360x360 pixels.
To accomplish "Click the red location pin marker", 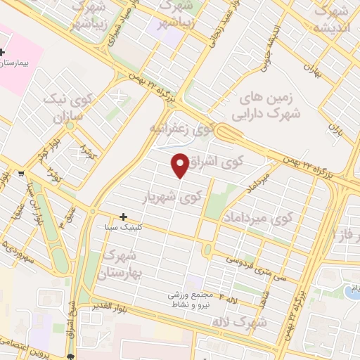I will tap(180, 165).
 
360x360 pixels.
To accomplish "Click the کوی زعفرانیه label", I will tap(181, 129).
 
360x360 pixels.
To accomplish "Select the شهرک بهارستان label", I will tap(122, 264).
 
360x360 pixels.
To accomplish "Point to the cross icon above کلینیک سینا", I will tap(124, 217).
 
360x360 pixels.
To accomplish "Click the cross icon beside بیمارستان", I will tap(3, 53).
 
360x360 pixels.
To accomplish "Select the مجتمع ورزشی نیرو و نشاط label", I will tap(189, 300).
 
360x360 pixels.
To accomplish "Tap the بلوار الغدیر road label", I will tap(105, 307).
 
